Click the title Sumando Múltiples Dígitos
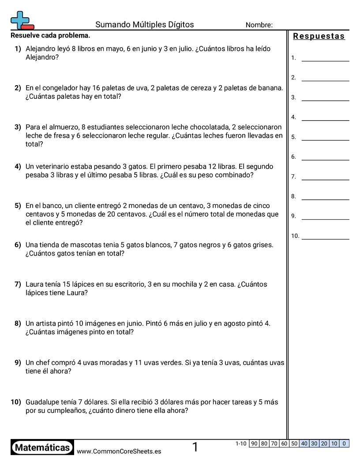click(145, 25)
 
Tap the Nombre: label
click(259, 25)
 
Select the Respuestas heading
click(319, 36)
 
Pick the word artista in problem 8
click(50, 323)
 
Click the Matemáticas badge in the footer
click(42, 448)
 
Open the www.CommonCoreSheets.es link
click(119, 451)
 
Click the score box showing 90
click(254, 443)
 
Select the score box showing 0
click(344, 443)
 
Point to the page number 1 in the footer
click(195, 447)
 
